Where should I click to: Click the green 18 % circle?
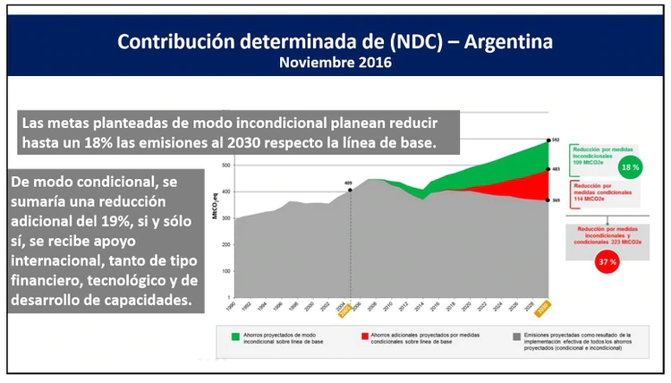coord(631,167)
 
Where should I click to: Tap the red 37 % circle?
coord(607,261)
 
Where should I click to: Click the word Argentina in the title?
coord(504,42)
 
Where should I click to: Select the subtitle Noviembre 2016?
coord(335,64)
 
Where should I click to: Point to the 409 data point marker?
coord(350,190)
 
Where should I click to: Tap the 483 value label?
coord(555,169)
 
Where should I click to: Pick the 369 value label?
coord(555,201)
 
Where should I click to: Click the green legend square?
coord(235,336)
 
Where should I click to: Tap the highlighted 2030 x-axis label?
coord(543,307)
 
